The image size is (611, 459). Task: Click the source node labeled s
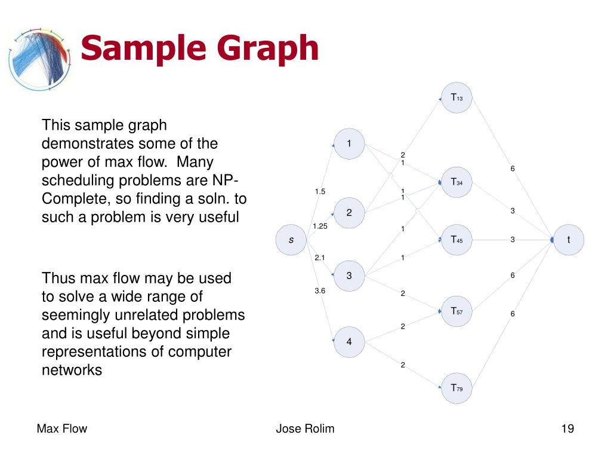(x=291, y=240)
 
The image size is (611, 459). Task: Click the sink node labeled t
(x=568, y=240)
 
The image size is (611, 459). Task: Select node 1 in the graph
(x=349, y=144)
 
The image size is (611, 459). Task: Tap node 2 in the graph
(x=349, y=213)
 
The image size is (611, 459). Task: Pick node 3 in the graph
(x=349, y=276)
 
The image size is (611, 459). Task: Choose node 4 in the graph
(x=349, y=342)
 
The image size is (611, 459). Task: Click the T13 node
(x=457, y=97)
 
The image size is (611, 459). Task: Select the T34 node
(x=457, y=182)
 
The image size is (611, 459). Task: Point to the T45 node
(x=457, y=240)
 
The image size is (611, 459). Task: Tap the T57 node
(x=457, y=311)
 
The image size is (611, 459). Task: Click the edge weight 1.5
(x=320, y=191)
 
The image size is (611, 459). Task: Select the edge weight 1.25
(x=320, y=225)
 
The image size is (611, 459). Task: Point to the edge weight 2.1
(x=320, y=258)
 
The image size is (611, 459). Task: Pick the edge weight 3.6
(x=320, y=290)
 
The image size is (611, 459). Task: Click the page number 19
(x=567, y=429)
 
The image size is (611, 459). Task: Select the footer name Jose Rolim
(x=305, y=429)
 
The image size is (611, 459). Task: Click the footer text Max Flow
(x=62, y=429)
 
